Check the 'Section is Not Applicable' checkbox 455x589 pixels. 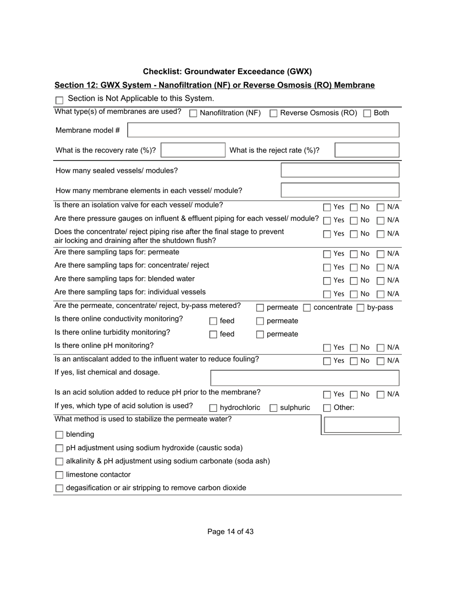coord(59,100)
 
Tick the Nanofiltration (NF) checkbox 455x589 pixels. coord(193,113)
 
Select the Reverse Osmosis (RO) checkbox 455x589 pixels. coord(273,113)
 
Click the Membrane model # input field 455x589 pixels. coord(263,130)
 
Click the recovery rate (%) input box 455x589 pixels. coord(193,150)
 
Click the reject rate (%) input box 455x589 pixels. coord(366,150)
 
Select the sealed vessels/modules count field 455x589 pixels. coord(340,170)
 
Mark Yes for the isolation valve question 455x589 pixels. coord(327,207)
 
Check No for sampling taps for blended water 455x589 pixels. coord(354,281)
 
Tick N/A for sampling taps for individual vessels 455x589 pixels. coord(381,294)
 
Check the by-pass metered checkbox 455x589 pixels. coord(361,308)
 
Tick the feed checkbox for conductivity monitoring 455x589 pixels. coord(213,321)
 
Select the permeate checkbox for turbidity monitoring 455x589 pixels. coord(260,335)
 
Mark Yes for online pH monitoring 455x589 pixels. coord(327,348)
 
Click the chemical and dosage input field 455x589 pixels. coord(305,378)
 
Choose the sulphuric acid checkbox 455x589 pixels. coord(273,408)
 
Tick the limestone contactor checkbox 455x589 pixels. coord(59,475)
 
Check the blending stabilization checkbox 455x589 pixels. coord(59,435)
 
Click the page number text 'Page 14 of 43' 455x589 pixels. coord(230,532)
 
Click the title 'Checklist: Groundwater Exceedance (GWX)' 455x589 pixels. coord(227,72)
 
